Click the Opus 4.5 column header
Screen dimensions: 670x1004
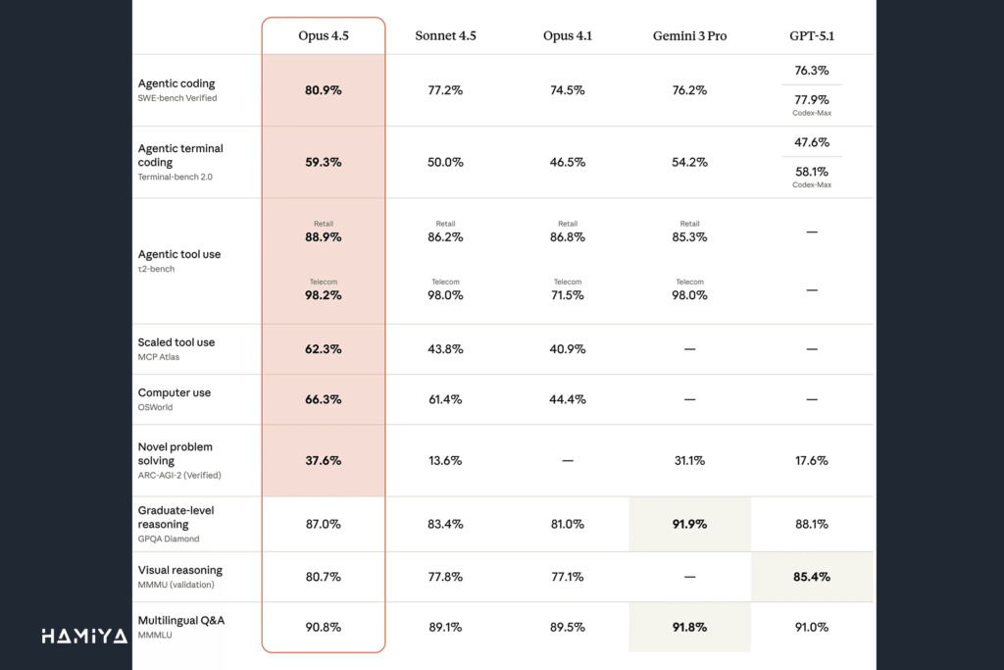(x=324, y=36)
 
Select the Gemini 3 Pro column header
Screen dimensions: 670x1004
(x=689, y=36)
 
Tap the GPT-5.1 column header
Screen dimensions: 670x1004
(x=811, y=36)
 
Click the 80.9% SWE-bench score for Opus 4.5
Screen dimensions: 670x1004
(x=324, y=90)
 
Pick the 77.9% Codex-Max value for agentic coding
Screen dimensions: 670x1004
(x=811, y=99)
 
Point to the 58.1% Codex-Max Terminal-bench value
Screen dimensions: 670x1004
(x=811, y=171)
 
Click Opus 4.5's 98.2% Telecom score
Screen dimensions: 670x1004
(x=324, y=294)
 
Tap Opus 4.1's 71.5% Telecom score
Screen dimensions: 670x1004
(x=568, y=294)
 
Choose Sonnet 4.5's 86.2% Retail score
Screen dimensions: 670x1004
(x=445, y=236)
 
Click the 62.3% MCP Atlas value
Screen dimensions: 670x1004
(x=324, y=349)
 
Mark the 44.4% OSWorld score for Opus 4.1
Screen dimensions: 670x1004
(x=568, y=399)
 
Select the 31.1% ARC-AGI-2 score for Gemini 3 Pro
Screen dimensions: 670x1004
(x=689, y=460)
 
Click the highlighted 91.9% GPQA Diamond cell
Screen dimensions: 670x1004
(x=689, y=524)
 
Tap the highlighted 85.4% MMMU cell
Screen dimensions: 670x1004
(x=811, y=577)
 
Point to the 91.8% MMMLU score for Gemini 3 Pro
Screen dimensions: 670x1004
(x=689, y=627)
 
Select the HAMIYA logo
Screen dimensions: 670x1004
(x=84, y=637)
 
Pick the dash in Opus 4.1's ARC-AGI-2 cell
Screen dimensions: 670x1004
(x=568, y=460)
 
